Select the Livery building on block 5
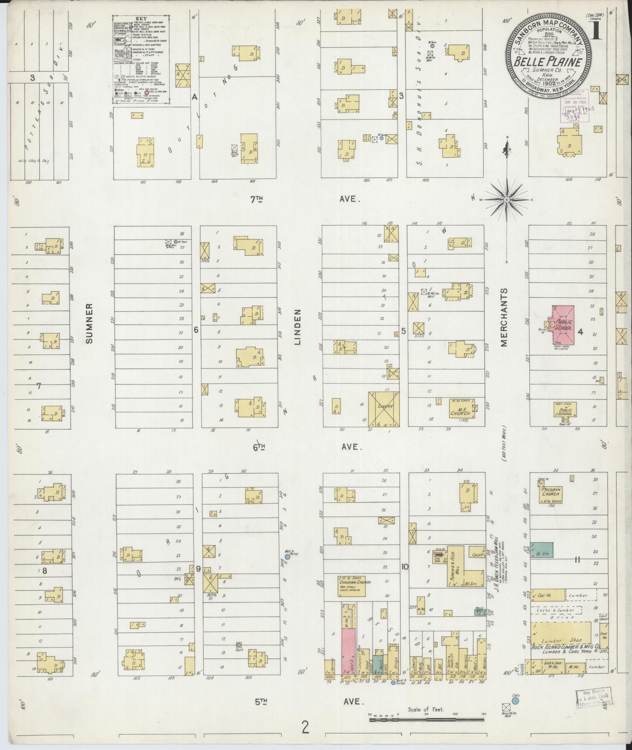[x=383, y=408]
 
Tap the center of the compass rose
[x=506, y=200]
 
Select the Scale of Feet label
[x=426, y=709]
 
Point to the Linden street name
[x=299, y=327]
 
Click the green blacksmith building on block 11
[x=541, y=550]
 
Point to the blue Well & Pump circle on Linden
[x=288, y=557]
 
